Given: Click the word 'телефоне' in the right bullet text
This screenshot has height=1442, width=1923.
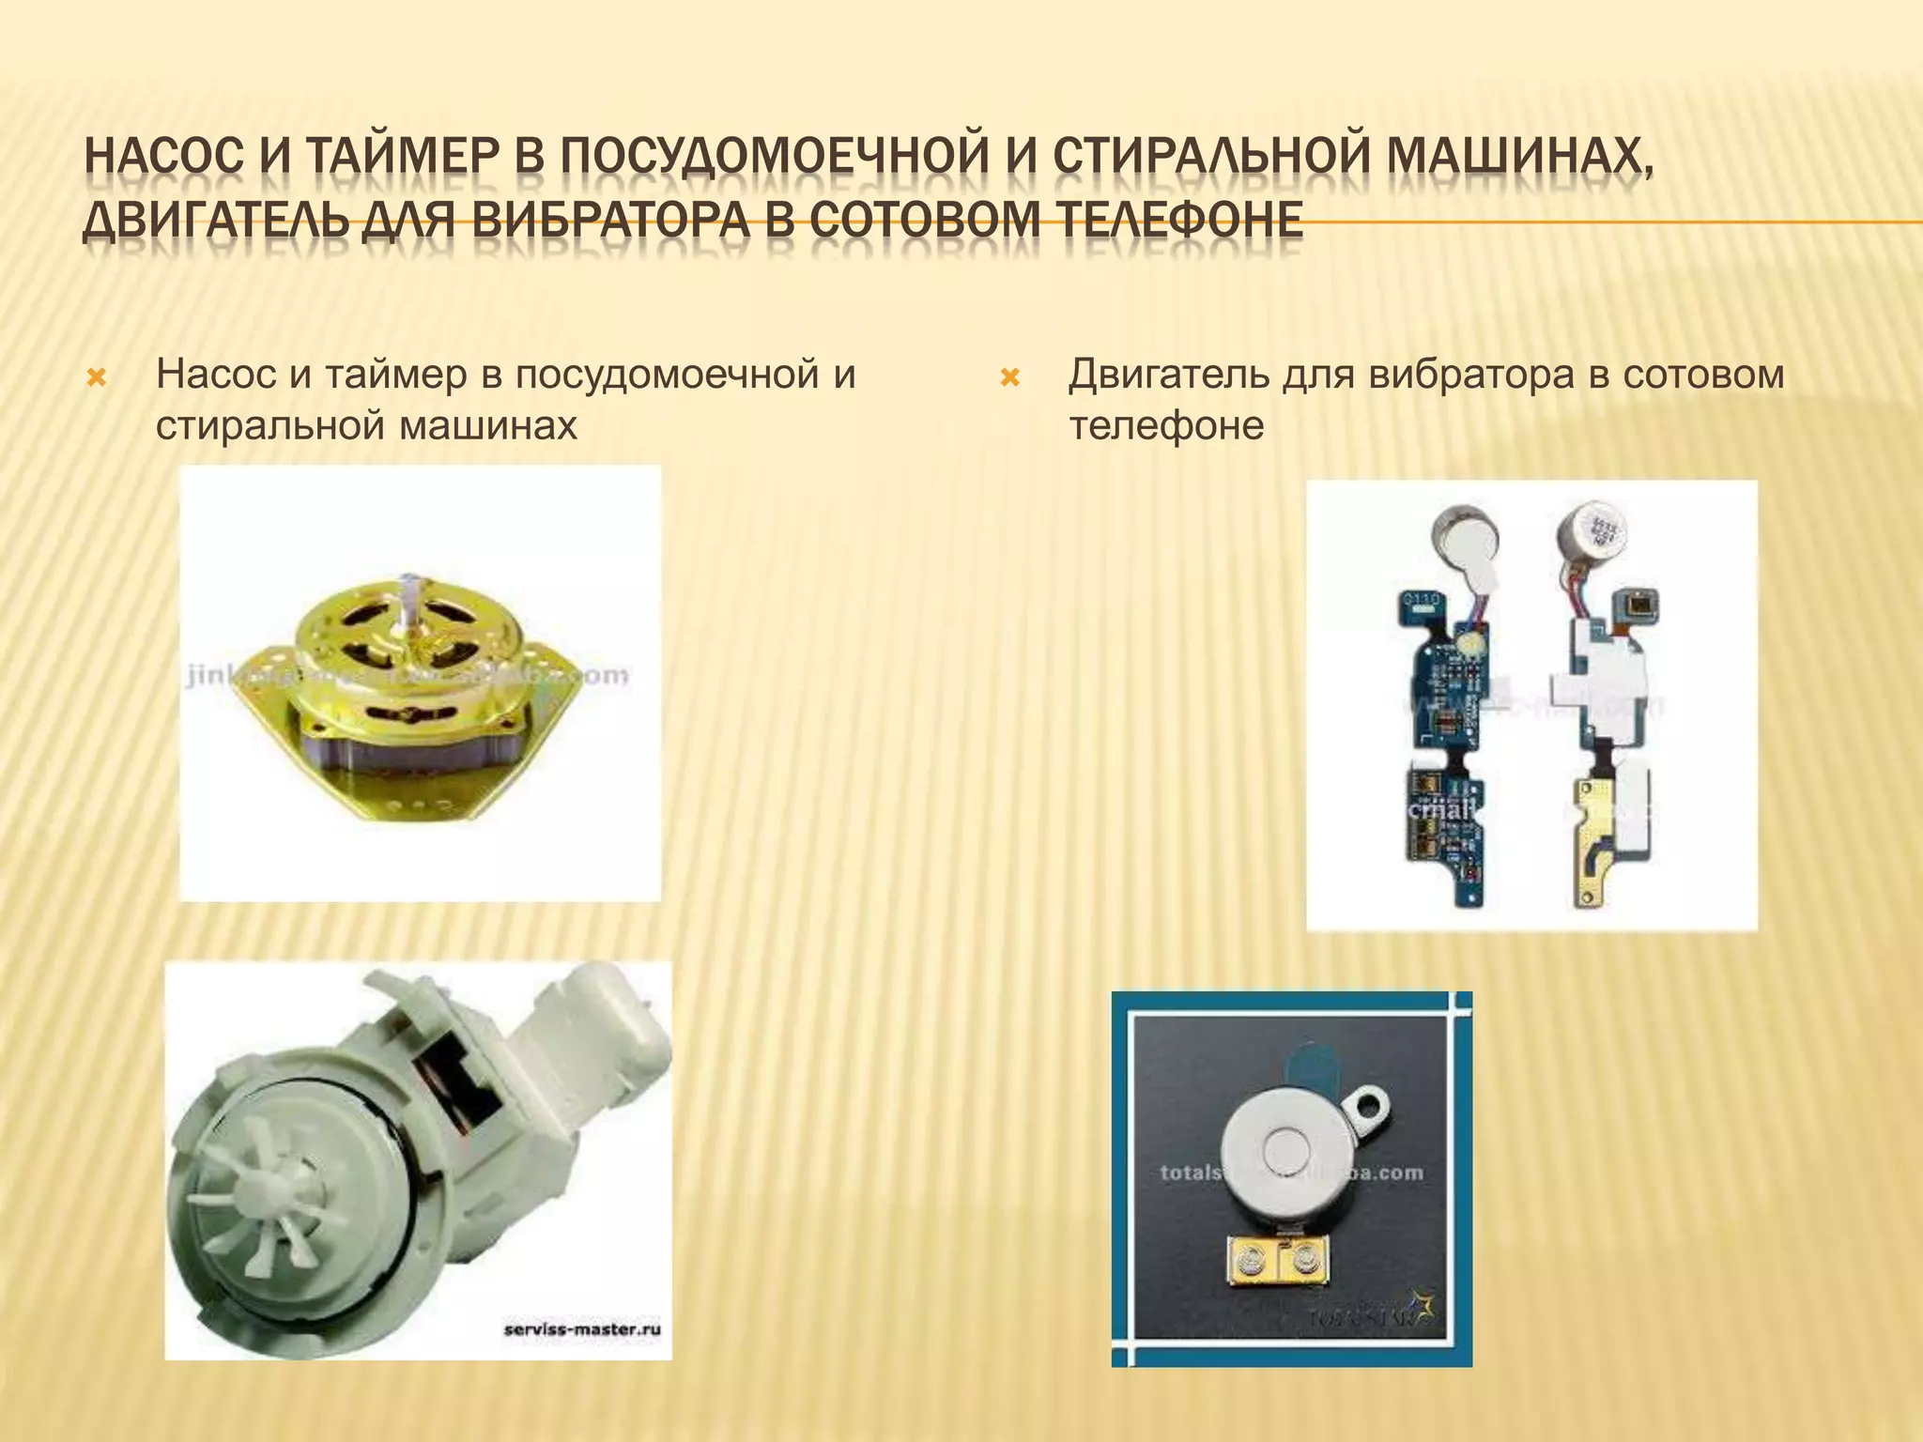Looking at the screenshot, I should click(1166, 425).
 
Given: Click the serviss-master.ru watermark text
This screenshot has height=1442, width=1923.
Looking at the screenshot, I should click(583, 1329).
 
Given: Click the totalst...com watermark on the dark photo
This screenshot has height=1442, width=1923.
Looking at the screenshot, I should click(1291, 1173).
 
